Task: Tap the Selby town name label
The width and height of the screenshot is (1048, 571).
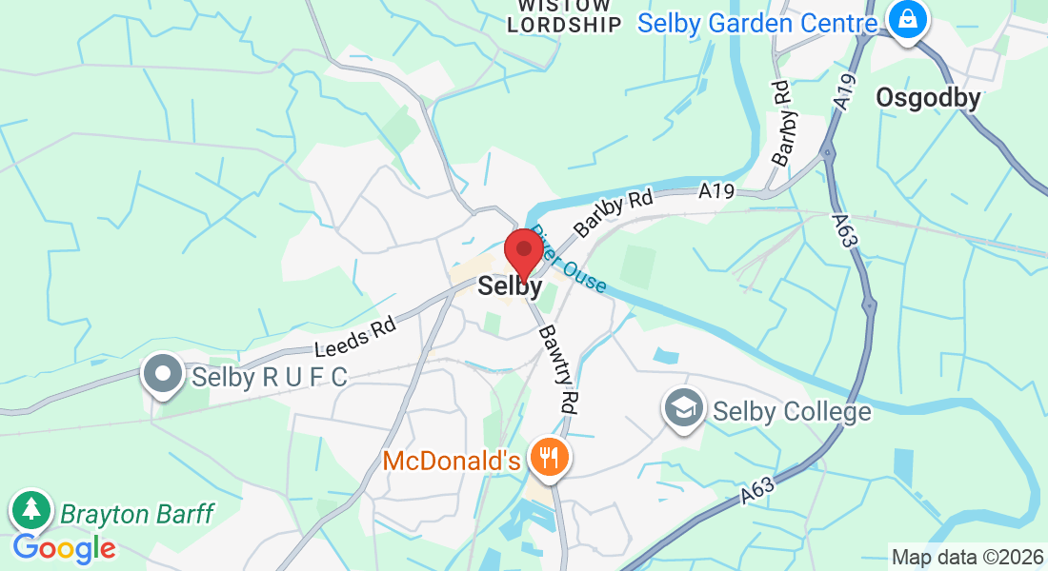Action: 511,285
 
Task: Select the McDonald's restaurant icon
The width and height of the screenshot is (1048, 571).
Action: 548,459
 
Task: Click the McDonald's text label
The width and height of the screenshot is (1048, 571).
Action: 452,462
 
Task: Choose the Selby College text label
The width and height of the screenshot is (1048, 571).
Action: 792,411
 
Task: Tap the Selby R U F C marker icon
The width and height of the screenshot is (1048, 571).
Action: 163,375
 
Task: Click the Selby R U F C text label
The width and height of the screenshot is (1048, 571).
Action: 269,377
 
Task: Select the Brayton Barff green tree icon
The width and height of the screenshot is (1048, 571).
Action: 31,510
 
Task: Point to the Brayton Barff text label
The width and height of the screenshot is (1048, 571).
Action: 136,514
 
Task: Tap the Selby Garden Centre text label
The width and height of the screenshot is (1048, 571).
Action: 757,23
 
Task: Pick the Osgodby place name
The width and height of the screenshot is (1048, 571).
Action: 927,98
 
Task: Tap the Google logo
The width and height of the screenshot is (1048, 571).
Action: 64,548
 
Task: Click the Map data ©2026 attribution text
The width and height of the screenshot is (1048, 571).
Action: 967,557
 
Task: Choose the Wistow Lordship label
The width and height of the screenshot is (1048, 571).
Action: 564,16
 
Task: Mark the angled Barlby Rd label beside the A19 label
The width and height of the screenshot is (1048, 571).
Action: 612,215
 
